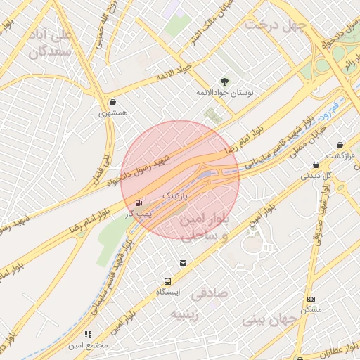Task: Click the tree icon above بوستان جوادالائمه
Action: click(224, 81)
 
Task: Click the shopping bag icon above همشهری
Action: click(113, 101)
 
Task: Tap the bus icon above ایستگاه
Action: click(167, 281)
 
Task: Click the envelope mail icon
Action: click(184, 264)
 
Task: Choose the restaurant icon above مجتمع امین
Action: click(88, 334)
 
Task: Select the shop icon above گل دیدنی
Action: click(316, 165)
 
